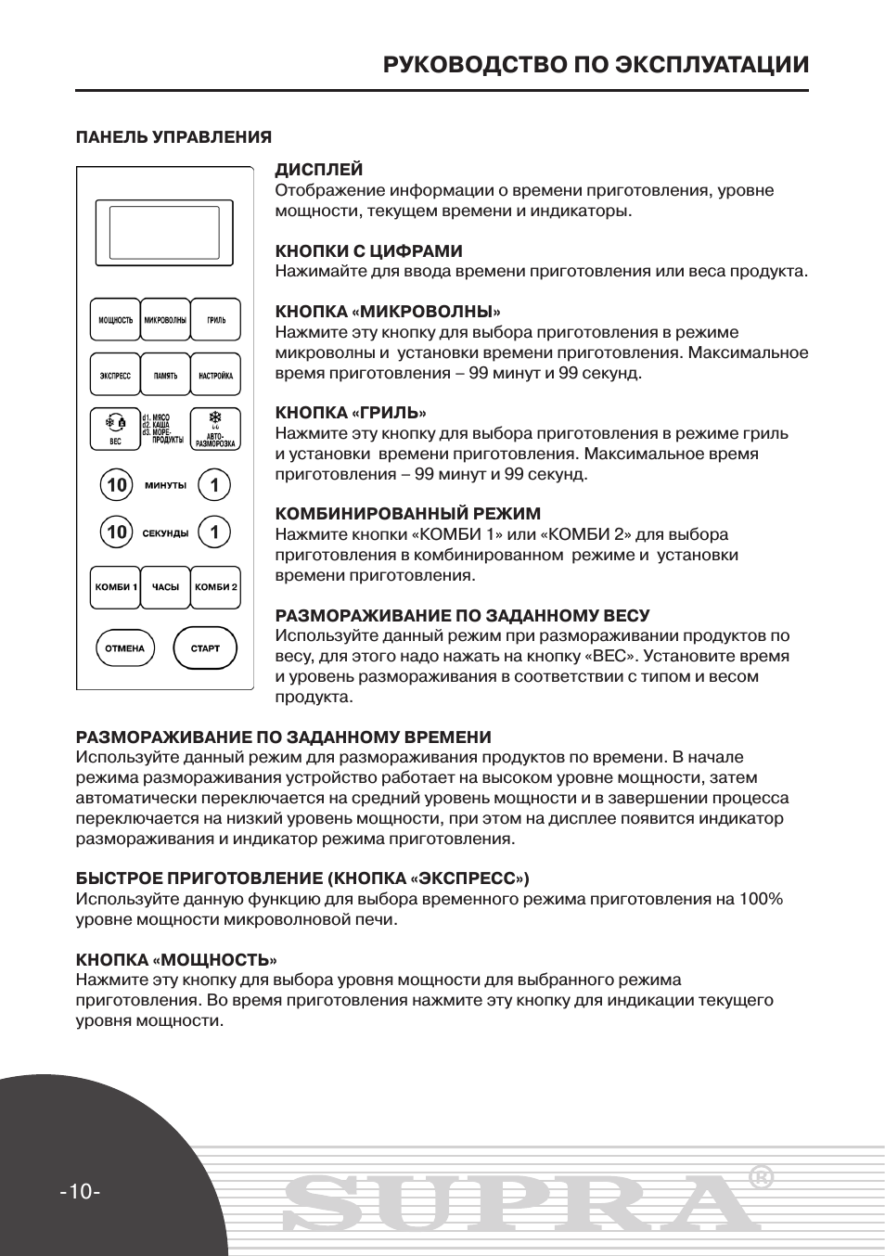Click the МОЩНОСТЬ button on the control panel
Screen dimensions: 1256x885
115,321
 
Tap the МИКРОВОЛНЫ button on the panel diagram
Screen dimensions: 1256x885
165,321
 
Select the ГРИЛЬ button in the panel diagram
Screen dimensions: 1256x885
215,321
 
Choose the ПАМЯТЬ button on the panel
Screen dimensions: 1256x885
165,377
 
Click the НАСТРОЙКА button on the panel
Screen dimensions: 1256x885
215,377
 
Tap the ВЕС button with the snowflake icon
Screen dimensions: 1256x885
115,429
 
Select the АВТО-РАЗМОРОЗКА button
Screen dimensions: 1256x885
215,429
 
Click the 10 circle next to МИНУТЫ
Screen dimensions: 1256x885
116,485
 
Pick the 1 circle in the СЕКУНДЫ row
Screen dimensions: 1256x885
214,532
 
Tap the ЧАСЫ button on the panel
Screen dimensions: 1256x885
165,587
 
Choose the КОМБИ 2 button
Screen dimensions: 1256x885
215,587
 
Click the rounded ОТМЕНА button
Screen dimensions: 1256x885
124,648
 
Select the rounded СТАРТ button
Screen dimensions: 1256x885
205,648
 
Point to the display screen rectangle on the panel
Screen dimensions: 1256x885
164,232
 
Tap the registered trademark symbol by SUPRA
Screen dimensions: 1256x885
760,1177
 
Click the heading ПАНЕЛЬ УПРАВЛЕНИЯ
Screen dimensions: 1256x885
173,137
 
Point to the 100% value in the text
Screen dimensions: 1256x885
761,899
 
